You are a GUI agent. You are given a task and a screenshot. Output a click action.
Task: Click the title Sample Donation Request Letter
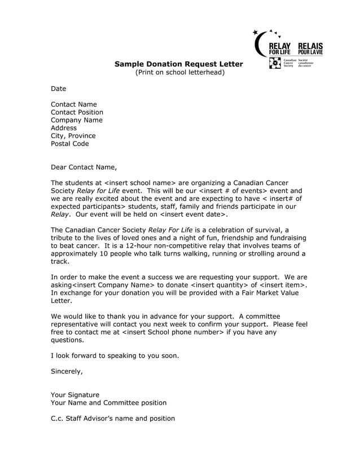pos(178,64)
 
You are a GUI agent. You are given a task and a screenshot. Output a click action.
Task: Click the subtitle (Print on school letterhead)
pos(179,72)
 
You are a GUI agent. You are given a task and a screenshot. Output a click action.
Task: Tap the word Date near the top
pos(59,89)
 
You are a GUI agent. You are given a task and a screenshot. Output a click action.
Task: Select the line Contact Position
pos(77,112)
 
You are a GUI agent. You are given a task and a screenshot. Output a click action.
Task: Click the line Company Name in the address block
pos(77,120)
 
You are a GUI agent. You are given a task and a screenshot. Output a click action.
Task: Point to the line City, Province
pos(73,136)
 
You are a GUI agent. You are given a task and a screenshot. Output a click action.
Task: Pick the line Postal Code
pos(70,144)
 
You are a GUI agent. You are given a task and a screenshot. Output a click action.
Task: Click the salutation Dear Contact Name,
pos(84,167)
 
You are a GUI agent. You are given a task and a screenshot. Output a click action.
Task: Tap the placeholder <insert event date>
pos(193,214)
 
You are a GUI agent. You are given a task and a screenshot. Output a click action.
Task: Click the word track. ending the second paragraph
pos(60,262)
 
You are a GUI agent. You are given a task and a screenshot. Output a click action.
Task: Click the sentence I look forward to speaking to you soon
pos(115,355)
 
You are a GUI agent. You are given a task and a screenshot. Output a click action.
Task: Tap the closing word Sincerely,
pos(67,371)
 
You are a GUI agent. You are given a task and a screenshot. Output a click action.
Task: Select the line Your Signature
pos(75,395)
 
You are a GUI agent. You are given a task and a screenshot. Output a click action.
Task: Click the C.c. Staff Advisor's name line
pos(113,419)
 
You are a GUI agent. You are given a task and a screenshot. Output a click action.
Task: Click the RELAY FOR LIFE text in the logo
pos(280,49)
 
